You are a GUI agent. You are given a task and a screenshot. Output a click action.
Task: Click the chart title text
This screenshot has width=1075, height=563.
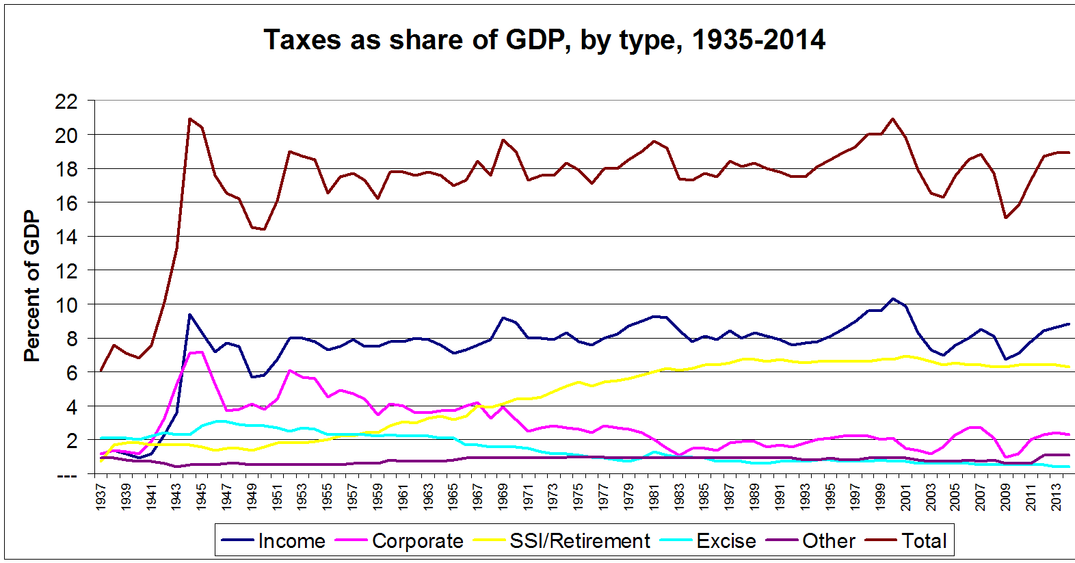(x=544, y=40)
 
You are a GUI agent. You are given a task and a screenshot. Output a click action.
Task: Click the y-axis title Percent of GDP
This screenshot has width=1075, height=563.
(x=31, y=286)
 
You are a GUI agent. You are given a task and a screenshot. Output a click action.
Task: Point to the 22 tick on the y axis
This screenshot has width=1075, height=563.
(x=66, y=101)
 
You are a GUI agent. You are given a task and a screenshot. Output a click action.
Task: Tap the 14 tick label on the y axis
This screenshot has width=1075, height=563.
(x=66, y=237)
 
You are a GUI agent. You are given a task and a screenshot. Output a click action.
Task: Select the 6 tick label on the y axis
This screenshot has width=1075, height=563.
(x=71, y=373)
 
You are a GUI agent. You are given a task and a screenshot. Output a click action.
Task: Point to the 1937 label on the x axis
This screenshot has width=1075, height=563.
(x=101, y=497)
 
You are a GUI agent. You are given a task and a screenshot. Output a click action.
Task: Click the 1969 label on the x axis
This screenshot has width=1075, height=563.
(x=503, y=497)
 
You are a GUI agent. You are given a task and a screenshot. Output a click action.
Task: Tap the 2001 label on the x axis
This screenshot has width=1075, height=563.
(x=905, y=497)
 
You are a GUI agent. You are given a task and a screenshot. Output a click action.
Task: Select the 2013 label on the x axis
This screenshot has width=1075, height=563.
(x=1057, y=497)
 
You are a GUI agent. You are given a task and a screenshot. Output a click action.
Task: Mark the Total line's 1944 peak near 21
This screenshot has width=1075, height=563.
(x=189, y=118)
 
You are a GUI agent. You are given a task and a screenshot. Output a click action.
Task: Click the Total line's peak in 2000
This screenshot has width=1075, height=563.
(x=893, y=118)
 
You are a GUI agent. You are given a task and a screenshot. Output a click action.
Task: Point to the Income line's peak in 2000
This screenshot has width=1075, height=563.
(x=893, y=298)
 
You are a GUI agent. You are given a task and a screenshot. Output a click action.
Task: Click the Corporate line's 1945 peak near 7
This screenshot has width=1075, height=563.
(x=202, y=352)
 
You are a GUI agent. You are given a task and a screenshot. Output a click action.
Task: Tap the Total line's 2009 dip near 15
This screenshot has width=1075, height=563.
(x=1006, y=218)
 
